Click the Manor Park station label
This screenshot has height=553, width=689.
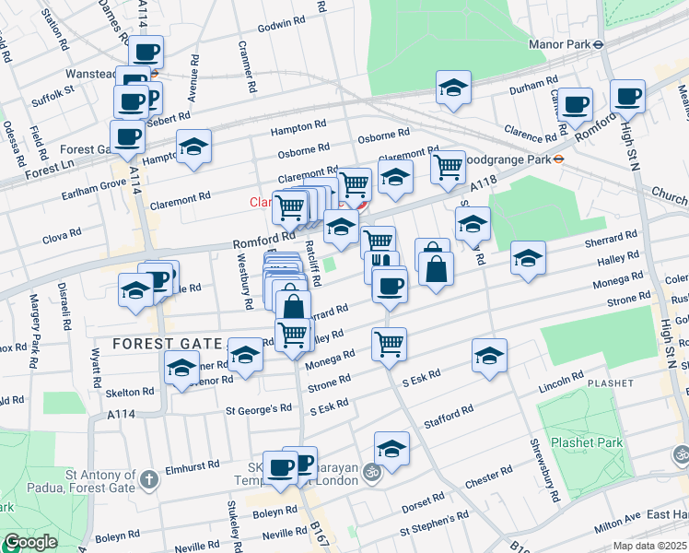pos(559,42)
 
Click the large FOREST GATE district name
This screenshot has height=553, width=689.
pos(166,343)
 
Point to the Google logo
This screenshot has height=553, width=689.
pos(29,542)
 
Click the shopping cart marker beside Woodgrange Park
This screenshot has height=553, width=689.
pos(448,168)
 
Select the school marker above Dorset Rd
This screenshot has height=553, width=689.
pos(391,449)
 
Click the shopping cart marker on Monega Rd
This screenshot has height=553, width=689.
pos(389,344)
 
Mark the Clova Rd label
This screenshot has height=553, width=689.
pos(63,238)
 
